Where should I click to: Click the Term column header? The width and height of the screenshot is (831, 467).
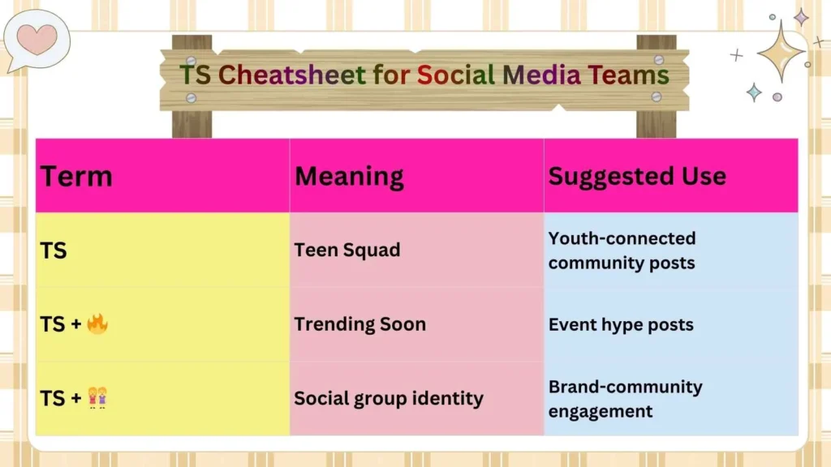coord(77,176)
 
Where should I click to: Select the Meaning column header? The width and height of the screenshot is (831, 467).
coord(349,176)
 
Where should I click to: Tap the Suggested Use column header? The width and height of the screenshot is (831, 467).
coord(637,176)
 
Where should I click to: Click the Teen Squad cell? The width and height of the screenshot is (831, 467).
coord(347,250)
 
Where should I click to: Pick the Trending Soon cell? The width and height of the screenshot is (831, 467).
coord(360,324)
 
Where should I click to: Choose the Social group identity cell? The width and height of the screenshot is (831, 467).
coord(389,398)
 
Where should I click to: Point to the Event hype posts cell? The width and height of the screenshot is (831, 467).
coord(621,324)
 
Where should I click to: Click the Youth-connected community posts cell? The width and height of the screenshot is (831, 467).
coord(622,251)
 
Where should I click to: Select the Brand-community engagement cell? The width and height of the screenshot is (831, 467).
coord(625,398)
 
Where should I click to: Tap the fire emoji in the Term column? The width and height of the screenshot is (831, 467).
coord(97,324)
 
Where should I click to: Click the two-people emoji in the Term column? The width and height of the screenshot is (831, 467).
coord(97,398)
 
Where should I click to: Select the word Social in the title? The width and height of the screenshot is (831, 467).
coord(455,75)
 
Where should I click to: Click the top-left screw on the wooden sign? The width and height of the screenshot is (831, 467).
coord(192,59)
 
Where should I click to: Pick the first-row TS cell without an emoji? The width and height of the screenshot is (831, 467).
coord(54,251)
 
